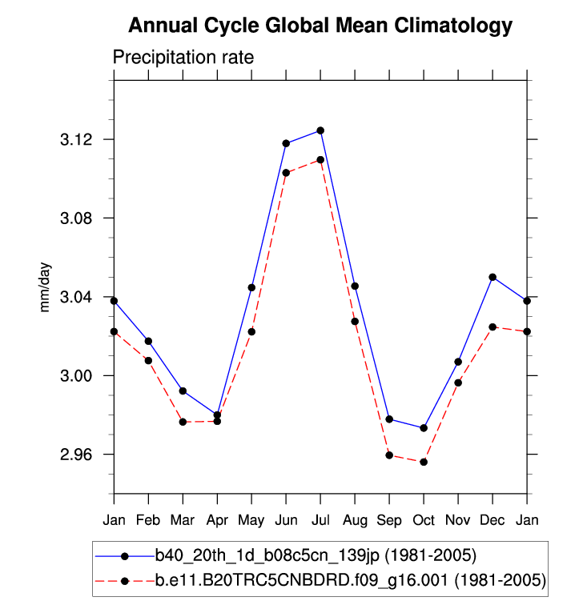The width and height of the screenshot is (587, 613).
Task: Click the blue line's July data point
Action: [320, 130]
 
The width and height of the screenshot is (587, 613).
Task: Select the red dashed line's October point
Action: [424, 462]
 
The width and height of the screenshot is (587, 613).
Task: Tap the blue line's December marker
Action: [493, 277]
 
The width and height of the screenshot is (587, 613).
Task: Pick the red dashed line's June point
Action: [286, 173]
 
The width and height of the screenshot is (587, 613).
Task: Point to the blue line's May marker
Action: [251, 287]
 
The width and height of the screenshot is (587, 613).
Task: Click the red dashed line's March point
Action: [183, 422]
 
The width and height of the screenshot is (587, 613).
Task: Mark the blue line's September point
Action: [389, 419]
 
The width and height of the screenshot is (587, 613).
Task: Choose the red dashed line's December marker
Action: [493, 327]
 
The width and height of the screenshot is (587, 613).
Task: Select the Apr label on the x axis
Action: [217, 521]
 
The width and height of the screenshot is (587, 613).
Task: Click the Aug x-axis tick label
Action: [355, 521]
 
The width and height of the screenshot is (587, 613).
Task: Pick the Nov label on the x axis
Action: [458, 521]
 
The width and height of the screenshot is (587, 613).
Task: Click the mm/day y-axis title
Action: [46, 297]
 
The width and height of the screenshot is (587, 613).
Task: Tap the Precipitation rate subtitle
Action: [183, 58]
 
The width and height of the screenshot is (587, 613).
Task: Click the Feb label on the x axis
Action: [148, 521]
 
